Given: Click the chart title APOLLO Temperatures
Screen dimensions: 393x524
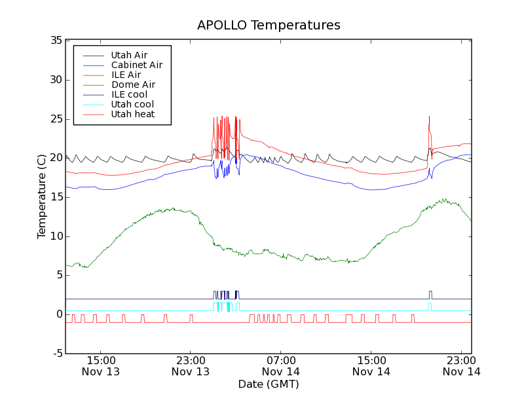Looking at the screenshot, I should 269,26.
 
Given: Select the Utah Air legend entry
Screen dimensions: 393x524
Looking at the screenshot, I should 129,55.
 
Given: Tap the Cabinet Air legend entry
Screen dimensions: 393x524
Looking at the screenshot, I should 136,65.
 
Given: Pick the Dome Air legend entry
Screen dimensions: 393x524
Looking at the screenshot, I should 133,84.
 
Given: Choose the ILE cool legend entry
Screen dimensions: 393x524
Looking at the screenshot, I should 129,94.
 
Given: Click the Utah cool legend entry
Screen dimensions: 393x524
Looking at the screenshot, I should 132,104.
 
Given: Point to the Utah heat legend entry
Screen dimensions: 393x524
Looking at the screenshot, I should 133,114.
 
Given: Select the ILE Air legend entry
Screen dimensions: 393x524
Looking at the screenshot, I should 126,75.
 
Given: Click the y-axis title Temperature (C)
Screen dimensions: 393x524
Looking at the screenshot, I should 42,196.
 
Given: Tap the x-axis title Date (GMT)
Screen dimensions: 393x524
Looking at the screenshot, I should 269,384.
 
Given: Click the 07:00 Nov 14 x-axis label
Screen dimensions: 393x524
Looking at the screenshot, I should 281,365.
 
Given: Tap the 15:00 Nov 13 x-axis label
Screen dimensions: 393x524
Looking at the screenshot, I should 100,365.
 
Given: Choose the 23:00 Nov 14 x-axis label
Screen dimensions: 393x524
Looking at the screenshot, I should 461,365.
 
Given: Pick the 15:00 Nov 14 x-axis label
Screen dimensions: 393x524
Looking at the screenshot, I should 371,365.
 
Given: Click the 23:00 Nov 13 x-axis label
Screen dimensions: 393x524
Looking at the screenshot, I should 191,365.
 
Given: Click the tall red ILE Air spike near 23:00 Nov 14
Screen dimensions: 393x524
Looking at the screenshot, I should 429,121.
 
